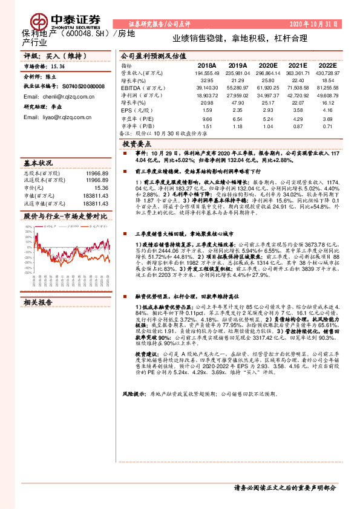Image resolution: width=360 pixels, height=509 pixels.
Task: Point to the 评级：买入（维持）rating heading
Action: [x=45, y=55]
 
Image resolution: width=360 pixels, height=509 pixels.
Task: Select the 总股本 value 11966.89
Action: [x=97, y=173]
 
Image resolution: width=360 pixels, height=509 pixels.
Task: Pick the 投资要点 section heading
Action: [x=137, y=145]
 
